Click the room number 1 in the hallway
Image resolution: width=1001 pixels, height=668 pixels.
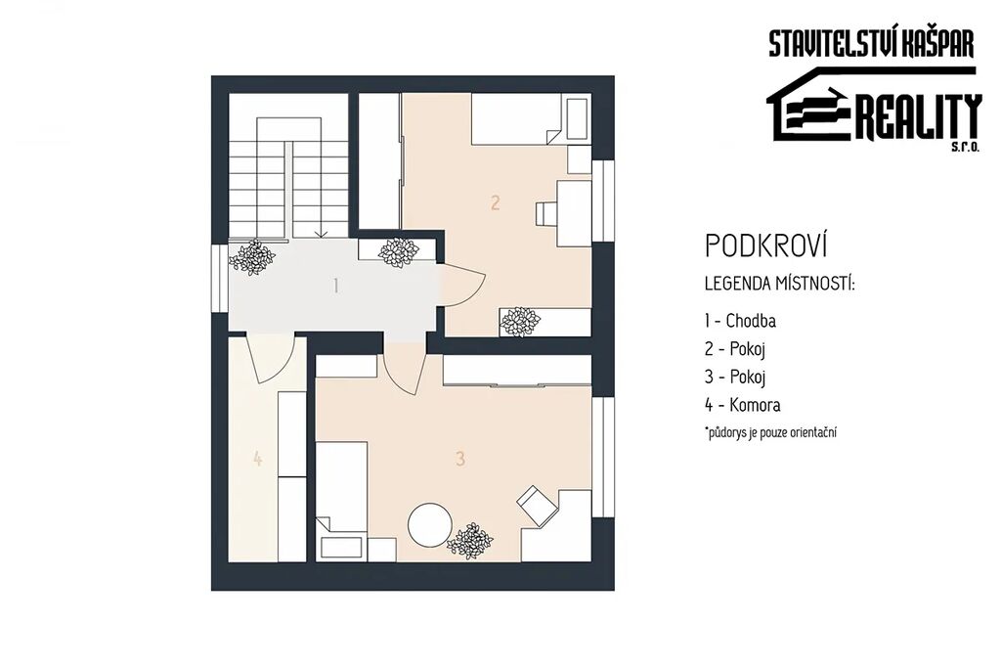[x=336, y=286]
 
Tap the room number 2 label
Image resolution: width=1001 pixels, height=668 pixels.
[x=496, y=203]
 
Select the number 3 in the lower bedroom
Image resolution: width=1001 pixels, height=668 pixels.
[x=460, y=459]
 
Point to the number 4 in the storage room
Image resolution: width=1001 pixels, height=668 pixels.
[x=257, y=459]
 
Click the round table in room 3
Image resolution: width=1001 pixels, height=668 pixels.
[x=430, y=525]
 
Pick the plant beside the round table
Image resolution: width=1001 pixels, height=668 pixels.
[x=470, y=542]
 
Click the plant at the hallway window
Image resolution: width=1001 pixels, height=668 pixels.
[x=252, y=257]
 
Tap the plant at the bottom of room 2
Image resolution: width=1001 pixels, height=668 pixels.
[x=520, y=323]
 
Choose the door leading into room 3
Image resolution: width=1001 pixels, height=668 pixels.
[x=405, y=373]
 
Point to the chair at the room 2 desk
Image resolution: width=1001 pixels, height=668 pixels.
[x=545, y=214]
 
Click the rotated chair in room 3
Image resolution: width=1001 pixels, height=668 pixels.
[x=537, y=505]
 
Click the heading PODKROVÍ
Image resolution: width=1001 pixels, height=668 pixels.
[x=766, y=245]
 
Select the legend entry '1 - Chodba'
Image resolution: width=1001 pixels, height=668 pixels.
[x=741, y=320]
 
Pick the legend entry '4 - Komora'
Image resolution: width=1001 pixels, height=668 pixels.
[x=743, y=405]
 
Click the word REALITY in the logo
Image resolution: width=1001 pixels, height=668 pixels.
[x=917, y=118]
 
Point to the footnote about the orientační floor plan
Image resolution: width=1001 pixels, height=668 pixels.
[x=770, y=432]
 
